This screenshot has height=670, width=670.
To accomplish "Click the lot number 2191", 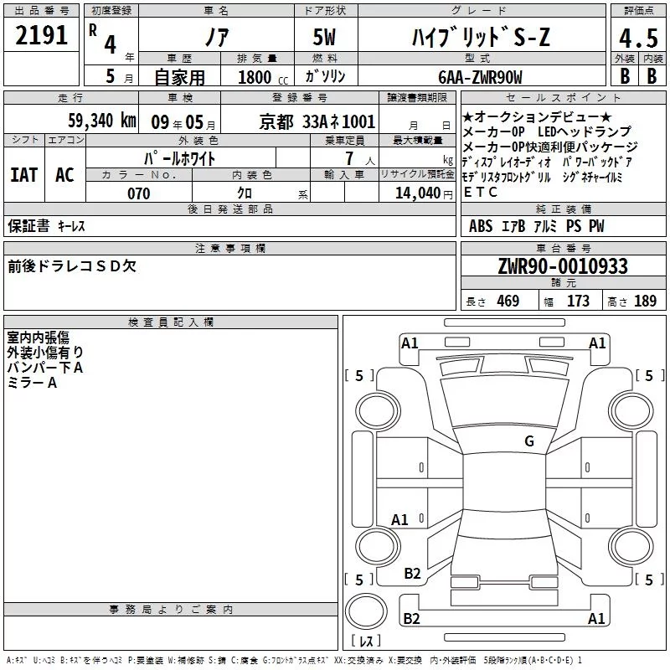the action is click(x=41, y=35).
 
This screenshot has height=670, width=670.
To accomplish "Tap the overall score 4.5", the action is click(x=638, y=39).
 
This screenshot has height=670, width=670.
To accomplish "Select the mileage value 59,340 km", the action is click(x=102, y=121).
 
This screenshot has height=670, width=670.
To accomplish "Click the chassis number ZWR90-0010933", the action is click(x=563, y=266).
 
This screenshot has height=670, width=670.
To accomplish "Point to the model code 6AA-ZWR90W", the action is click(x=480, y=77).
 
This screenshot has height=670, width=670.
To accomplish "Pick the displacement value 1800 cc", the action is click(x=263, y=77).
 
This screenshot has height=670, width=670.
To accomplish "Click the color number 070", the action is click(x=139, y=193).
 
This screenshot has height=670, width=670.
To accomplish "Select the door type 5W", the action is click(x=324, y=37).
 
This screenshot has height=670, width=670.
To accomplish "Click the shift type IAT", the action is click(x=24, y=175).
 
